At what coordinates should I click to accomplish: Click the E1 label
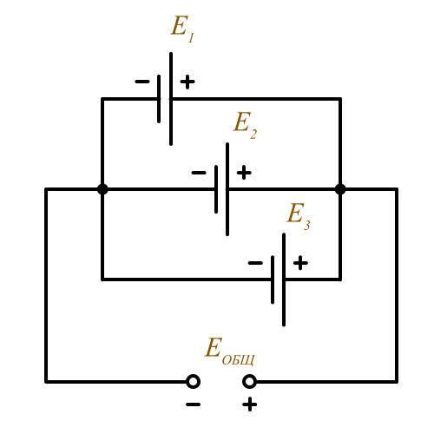click(x=182, y=29)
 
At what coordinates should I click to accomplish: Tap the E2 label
click(x=245, y=125)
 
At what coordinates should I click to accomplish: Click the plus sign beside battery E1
click(x=187, y=82)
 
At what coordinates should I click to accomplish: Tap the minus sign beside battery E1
click(x=142, y=82)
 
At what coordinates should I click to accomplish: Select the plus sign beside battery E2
click(x=244, y=173)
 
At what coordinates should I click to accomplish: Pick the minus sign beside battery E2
click(x=199, y=173)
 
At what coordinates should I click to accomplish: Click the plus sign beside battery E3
click(x=300, y=263)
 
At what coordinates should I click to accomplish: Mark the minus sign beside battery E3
click(x=255, y=263)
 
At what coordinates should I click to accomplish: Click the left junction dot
click(x=102, y=189)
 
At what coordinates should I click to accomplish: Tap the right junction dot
click(x=340, y=189)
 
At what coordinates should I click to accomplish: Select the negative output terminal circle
click(x=193, y=382)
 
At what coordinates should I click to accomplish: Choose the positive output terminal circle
click(x=249, y=382)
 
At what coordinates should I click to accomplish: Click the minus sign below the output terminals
click(x=193, y=404)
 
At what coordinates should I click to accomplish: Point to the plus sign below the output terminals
click(x=249, y=404)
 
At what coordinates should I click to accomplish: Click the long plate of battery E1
click(x=171, y=99)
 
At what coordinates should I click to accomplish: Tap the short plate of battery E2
click(x=216, y=189)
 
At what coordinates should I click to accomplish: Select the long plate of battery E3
click(x=284, y=279)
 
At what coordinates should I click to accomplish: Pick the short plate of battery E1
click(x=159, y=99)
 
